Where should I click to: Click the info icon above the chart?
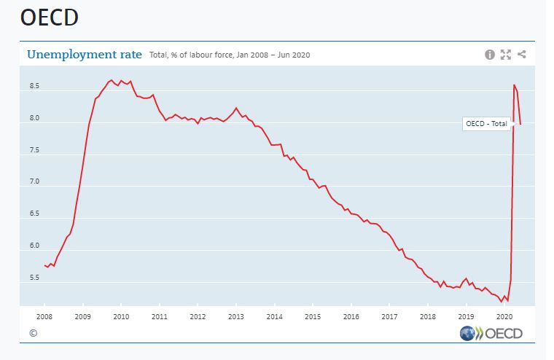point(489,55)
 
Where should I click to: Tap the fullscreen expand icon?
point(505,55)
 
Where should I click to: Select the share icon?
point(522,55)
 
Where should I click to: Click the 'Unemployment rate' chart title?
point(84,54)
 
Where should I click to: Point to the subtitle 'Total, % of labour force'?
point(195,55)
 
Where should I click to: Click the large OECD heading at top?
point(49,18)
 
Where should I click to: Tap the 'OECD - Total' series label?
point(486,123)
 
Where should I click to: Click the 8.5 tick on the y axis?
point(34,87)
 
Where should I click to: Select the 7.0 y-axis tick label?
point(34,182)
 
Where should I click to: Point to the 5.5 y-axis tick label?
point(34,278)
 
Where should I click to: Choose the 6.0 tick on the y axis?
point(34,246)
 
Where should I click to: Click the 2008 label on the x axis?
point(44,316)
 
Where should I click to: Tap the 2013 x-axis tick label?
point(235,316)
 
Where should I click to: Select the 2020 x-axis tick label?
point(503,316)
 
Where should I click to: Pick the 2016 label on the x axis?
point(351,316)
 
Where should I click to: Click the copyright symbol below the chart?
point(33,333)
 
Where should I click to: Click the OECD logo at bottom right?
point(492,334)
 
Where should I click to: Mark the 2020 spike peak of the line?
point(514,85)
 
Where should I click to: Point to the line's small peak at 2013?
point(235,108)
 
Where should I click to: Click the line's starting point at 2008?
point(44,265)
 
